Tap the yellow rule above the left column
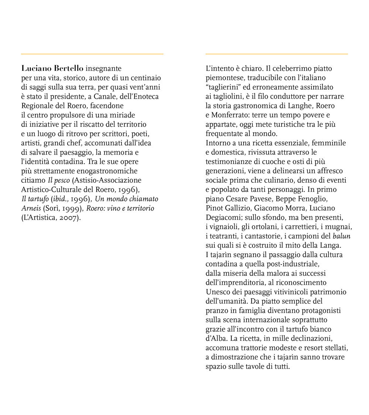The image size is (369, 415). [x=92, y=54]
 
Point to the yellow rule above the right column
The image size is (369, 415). [x=276, y=54]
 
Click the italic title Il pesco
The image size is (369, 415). [x=59, y=180]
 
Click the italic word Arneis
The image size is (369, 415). [x=31, y=208]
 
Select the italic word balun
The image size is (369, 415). [x=341, y=236]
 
